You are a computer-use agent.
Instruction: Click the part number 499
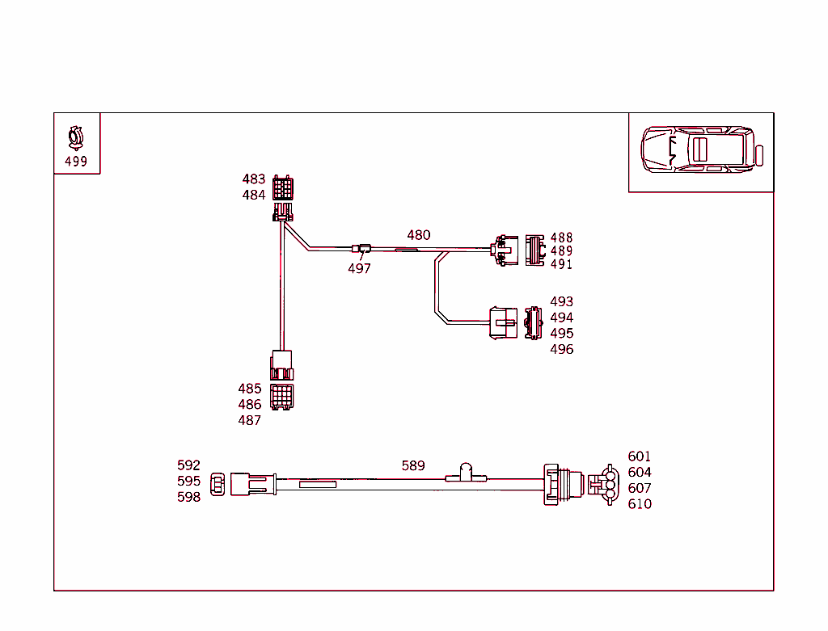(x=76, y=162)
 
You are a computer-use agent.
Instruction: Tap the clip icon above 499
(x=76, y=138)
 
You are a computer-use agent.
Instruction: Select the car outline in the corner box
(x=701, y=149)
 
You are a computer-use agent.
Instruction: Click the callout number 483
(x=253, y=179)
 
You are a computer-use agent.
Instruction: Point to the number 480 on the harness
(x=419, y=235)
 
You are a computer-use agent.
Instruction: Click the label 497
(x=359, y=269)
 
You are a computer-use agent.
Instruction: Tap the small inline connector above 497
(x=361, y=248)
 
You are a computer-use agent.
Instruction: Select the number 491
(x=561, y=264)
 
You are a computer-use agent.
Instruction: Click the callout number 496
(x=561, y=349)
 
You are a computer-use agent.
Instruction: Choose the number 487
(x=249, y=420)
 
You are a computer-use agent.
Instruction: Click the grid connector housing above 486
(x=282, y=397)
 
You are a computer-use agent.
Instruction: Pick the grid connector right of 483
(x=283, y=188)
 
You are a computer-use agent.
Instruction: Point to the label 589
(x=413, y=465)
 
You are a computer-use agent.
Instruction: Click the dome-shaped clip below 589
(x=466, y=472)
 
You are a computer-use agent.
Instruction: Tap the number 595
(x=188, y=481)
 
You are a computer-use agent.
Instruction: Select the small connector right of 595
(x=218, y=485)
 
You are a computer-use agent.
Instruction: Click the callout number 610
(x=639, y=504)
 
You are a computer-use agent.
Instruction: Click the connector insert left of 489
(x=534, y=250)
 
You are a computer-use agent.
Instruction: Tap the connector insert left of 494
(x=533, y=323)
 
